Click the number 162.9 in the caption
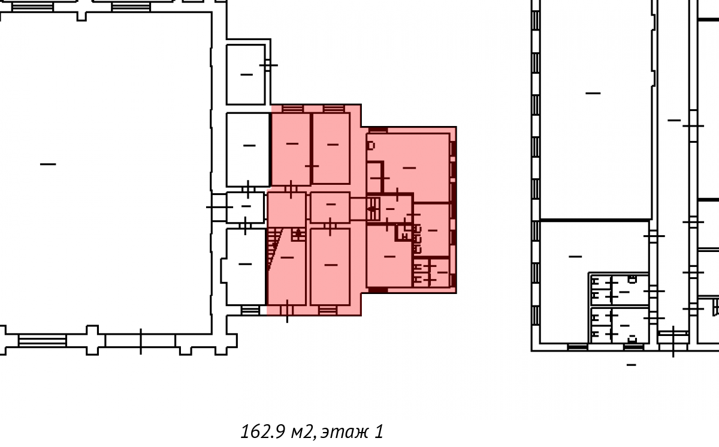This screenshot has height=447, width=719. click(x=262, y=431)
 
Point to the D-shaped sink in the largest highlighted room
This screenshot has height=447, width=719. click(x=371, y=146)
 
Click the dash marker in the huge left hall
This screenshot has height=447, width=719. click(x=48, y=164)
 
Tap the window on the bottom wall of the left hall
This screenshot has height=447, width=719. click(x=42, y=341)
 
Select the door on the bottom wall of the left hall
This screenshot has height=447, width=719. click(x=141, y=341)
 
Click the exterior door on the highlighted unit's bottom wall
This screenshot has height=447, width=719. click(x=287, y=310)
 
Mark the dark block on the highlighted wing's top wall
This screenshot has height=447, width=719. click(x=378, y=130)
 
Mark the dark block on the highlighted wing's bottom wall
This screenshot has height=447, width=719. click(x=378, y=290)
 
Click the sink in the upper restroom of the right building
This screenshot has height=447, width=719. click(x=632, y=279)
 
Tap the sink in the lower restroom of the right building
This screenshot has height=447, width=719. click(x=632, y=339)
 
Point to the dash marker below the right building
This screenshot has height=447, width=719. click(x=631, y=365)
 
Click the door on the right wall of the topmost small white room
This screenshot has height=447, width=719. click(x=268, y=65)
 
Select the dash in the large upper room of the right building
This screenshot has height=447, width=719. click(x=593, y=93)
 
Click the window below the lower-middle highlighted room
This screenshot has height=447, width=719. click(x=328, y=310)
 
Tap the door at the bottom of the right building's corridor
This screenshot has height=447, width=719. click(x=673, y=341)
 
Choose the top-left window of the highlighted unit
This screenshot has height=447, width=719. click(x=292, y=109)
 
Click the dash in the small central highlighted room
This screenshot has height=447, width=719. click(x=331, y=204)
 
